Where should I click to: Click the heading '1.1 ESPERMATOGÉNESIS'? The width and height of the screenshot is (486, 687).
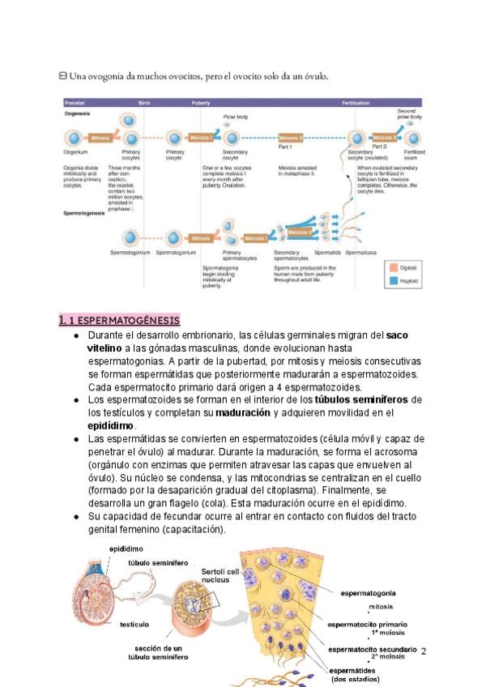[119, 320]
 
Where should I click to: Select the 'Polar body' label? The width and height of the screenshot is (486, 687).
[236, 117]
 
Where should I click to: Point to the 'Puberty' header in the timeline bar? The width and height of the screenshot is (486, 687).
[201, 104]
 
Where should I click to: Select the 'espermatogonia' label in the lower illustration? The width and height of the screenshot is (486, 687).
[368, 593]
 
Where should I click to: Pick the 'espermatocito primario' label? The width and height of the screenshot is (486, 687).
[367, 624]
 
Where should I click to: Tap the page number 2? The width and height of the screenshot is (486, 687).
[424, 651]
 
